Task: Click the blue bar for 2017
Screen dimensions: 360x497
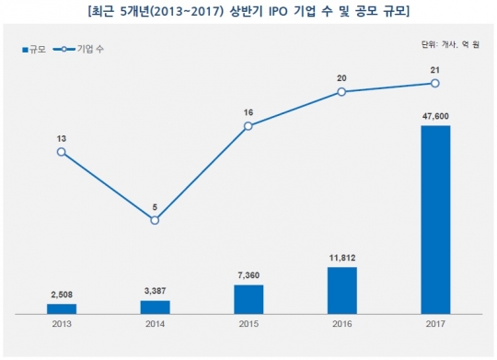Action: (435, 219)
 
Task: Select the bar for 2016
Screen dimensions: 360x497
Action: (341, 290)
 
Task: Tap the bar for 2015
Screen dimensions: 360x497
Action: (248, 299)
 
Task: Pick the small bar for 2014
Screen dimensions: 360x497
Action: (155, 307)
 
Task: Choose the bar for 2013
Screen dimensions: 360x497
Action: (61, 308)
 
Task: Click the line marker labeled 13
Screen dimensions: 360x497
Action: (61, 151)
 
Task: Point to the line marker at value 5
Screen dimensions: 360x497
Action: (155, 220)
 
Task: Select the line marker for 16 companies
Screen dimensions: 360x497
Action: (248, 125)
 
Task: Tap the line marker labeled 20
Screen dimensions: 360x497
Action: (341, 91)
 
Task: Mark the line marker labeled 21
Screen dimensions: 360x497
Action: (435, 83)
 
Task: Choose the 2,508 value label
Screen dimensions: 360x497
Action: (61, 296)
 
